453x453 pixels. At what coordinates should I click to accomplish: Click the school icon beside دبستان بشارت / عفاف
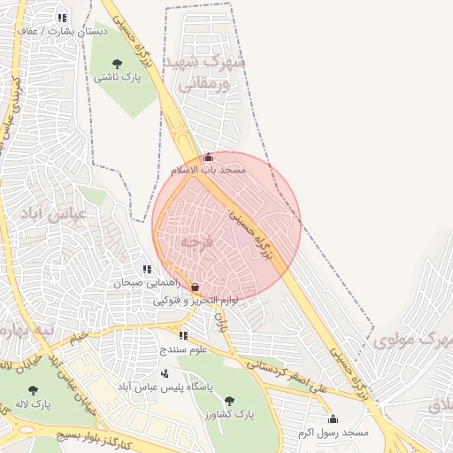click(x=61, y=18)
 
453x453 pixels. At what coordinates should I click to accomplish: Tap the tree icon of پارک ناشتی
click(x=118, y=64)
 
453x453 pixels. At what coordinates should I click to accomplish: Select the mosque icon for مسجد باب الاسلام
click(x=208, y=157)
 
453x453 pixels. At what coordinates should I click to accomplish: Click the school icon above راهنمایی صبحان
click(x=147, y=269)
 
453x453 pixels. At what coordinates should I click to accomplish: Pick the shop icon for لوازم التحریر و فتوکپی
click(x=195, y=288)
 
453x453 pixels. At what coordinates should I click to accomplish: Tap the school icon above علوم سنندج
click(x=183, y=335)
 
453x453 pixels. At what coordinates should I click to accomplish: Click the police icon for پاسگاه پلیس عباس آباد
click(x=165, y=374)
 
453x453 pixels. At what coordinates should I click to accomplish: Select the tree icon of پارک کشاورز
click(x=230, y=401)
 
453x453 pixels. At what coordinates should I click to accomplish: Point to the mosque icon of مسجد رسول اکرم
click(x=333, y=418)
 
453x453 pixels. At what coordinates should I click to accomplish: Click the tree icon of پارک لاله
click(x=34, y=389)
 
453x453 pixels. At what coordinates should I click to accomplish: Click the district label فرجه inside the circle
click(x=197, y=241)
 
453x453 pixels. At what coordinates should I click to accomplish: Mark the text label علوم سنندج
click(x=182, y=349)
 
